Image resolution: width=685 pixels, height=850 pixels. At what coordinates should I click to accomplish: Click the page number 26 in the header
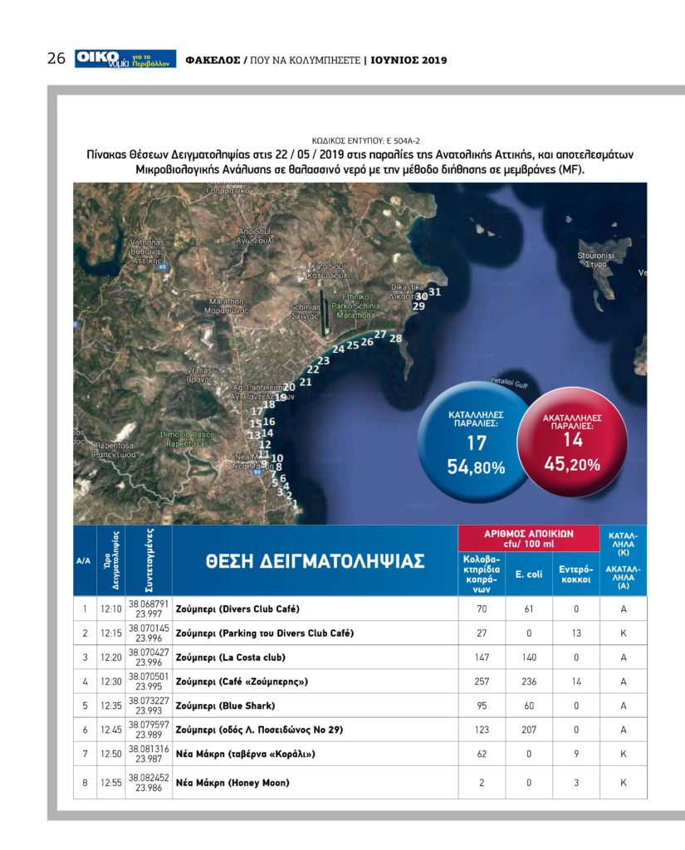[x=56, y=59]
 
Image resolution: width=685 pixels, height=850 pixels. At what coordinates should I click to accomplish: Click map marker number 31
[x=434, y=292]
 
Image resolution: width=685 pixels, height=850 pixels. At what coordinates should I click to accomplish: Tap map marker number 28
[x=395, y=338]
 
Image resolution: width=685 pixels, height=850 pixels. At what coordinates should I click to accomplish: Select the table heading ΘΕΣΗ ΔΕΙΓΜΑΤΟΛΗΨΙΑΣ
[x=315, y=561]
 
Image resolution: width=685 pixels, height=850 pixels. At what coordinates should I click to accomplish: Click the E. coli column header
[x=529, y=574]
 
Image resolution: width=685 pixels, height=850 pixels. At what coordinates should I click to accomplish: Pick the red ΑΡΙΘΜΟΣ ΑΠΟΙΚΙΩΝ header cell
[x=528, y=538]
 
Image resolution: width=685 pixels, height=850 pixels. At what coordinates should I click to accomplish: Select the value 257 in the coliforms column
[x=481, y=681]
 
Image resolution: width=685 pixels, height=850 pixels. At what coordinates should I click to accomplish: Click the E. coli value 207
[x=529, y=730]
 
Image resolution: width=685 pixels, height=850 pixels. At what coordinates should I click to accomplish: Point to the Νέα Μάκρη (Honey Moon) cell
[x=232, y=782]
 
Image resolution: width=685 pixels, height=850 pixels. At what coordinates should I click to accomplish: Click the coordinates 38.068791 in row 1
[x=149, y=603]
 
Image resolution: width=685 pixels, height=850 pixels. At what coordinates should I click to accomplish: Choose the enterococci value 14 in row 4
[x=575, y=681]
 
